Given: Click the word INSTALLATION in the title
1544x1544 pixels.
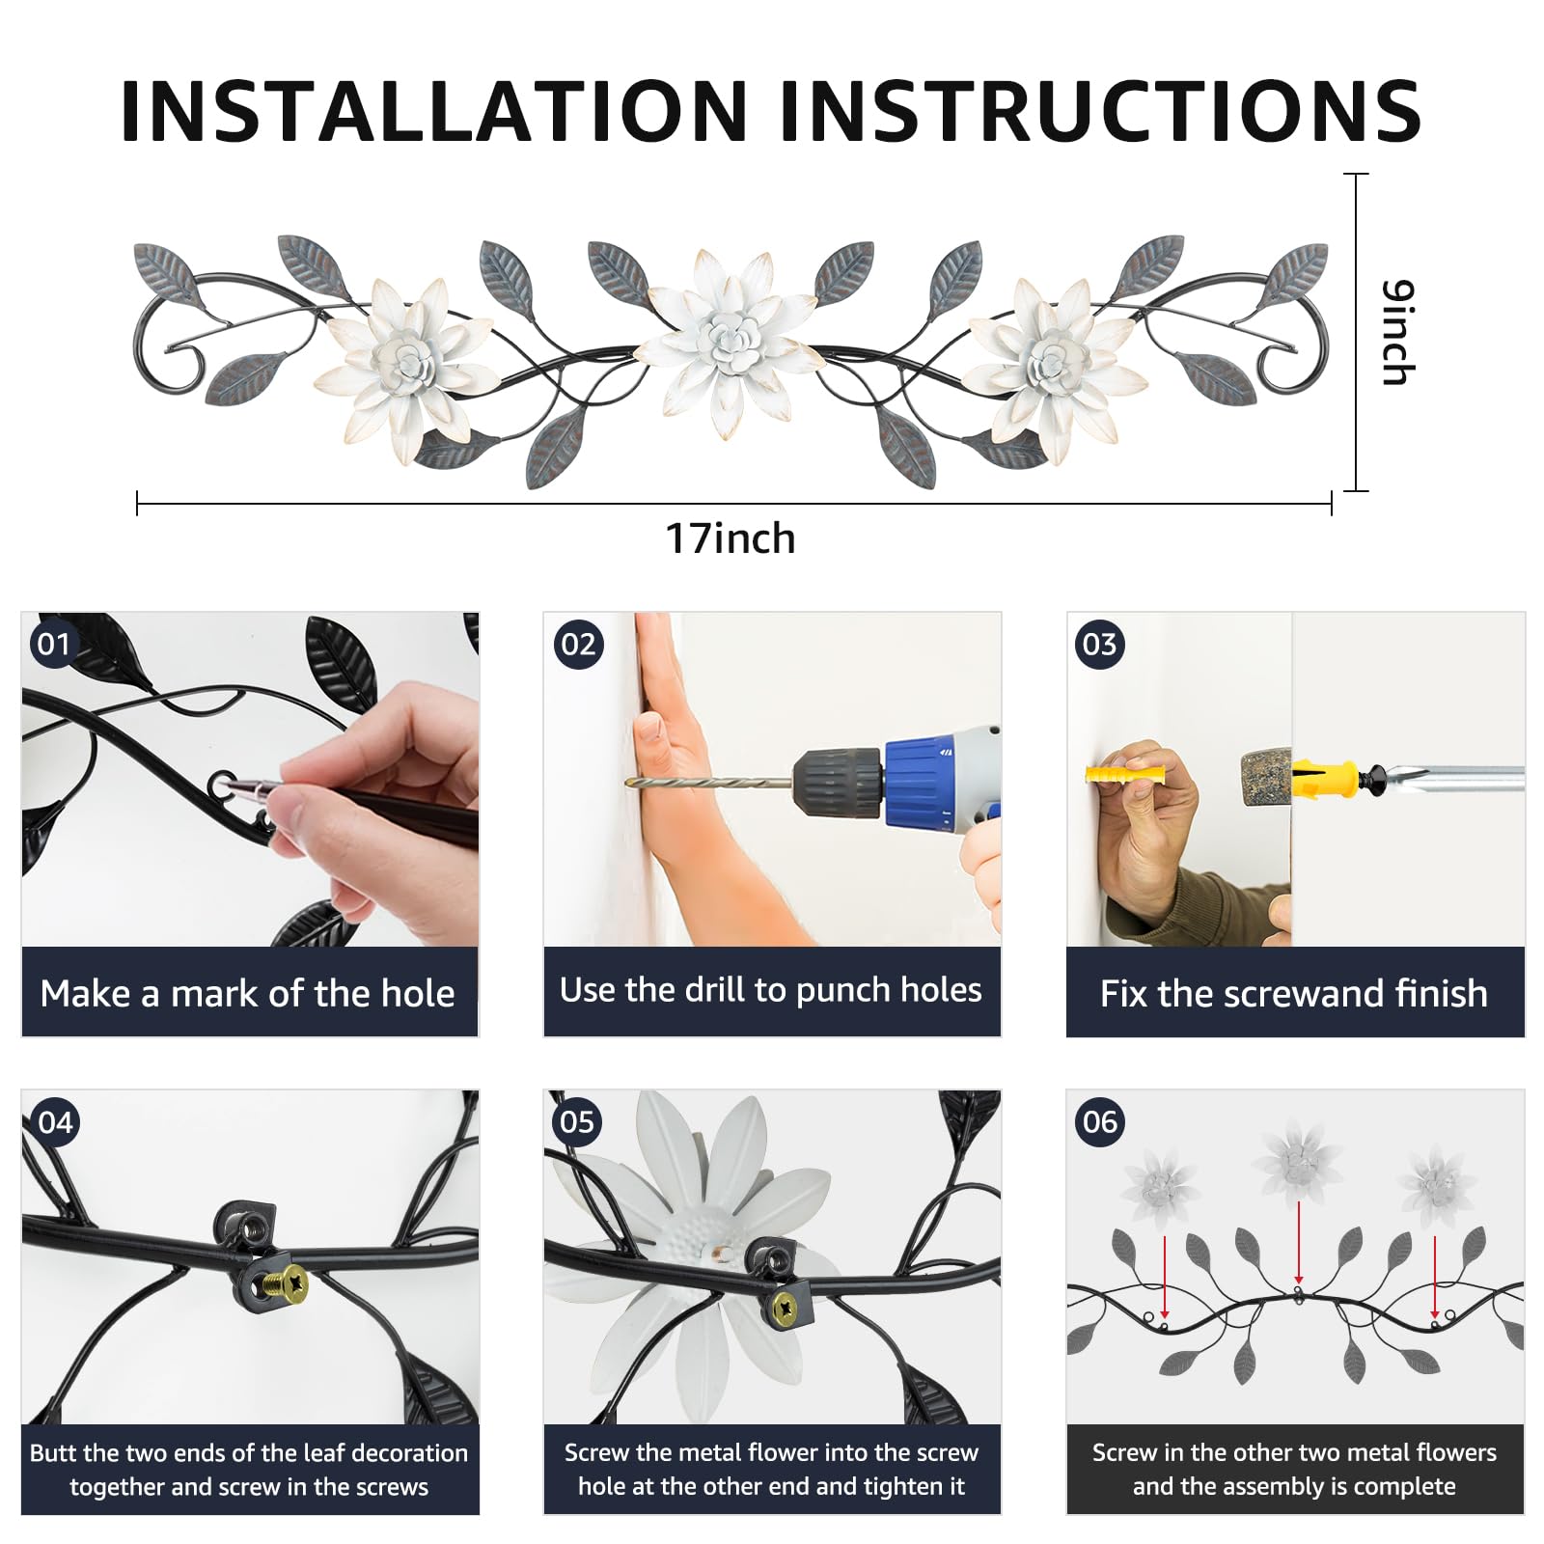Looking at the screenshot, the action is pos(435,111).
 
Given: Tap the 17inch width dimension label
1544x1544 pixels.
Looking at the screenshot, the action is pos(731,538).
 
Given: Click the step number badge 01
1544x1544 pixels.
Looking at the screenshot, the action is pos(54,644).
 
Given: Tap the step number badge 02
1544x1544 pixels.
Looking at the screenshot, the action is pos(578,644).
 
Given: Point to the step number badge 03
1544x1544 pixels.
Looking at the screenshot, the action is pos(1100,644).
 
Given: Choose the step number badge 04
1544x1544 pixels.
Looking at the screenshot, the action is pos(55,1122).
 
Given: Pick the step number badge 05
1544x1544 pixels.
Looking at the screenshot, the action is pos(577,1122).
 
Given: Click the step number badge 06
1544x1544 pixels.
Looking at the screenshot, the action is pos(1100,1122).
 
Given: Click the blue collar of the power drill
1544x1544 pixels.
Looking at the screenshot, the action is pos(921,782).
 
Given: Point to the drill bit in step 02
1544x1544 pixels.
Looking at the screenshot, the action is pos(709,783).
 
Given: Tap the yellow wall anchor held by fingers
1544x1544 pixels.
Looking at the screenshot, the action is pos(1125,774).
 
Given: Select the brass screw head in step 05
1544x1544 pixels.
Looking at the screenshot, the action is pos(786,1310).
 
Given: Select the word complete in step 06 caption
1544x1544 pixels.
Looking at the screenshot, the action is pos(1400,1486).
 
